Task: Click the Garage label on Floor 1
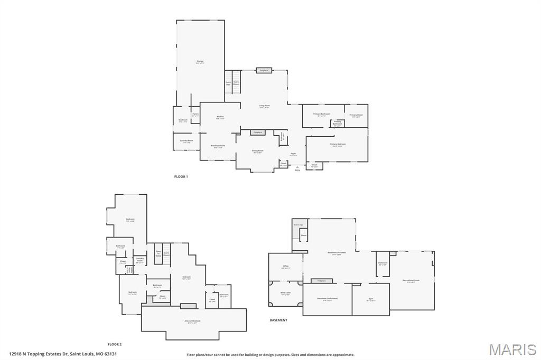coord(200,62)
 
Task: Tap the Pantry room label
coord(195,114)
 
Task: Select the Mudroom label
coord(183,120)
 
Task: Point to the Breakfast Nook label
coord(218,146)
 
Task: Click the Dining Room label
coord(257,150)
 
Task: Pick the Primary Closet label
coord(356,115)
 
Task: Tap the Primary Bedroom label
coord(338,144)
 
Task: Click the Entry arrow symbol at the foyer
coord(297,166)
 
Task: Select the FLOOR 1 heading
coord(181,176)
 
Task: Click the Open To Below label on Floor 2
coord(158,253)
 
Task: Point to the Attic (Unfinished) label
coord(192,320)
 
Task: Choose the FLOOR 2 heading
coord(115,344)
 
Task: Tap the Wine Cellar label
coord(285,292)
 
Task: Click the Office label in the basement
coord(285,266)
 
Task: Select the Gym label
coord(371,299)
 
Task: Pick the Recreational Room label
coord(411,280)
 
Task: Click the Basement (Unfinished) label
coord(327,298)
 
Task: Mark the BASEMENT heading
coord(278,320)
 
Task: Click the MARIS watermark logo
coord(512,349)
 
